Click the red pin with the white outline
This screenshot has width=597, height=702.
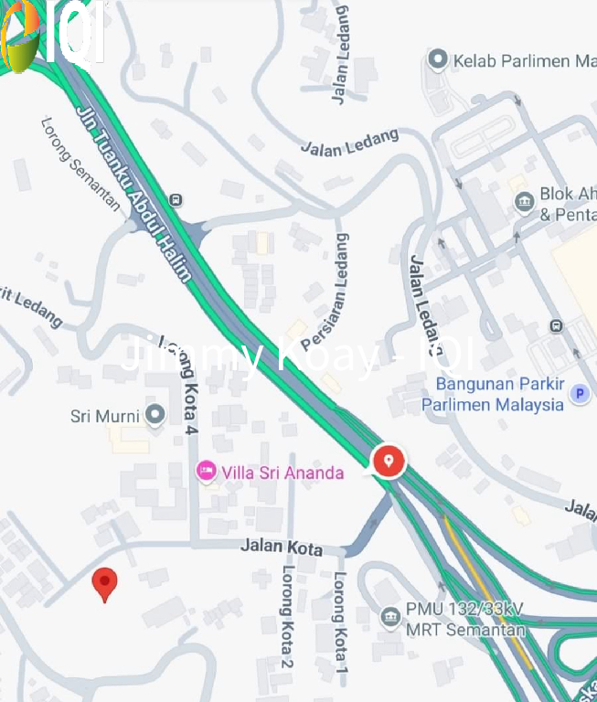point(389,460)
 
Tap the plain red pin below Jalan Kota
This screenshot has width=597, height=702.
point(106,582)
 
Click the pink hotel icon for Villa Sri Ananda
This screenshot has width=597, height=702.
point(206,472)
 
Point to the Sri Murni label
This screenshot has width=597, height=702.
point(105,417)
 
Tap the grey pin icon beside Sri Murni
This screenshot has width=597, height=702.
point(155,416)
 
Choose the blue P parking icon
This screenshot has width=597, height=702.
point(579,394)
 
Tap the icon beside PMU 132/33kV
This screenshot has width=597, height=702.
point(390,618)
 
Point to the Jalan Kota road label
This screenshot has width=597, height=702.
point(282,548)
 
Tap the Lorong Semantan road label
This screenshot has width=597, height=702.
point(80,163)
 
